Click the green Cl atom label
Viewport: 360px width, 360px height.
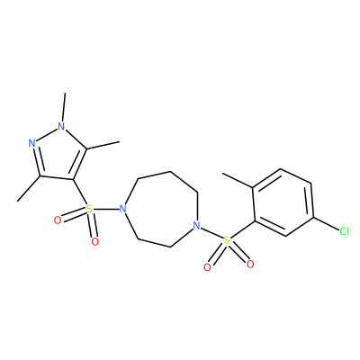click(344, 231)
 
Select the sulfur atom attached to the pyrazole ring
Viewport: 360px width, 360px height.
click(88, 209)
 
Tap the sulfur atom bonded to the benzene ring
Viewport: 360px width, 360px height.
click(227, 240)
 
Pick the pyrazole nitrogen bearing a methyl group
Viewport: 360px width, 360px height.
click(61, 126)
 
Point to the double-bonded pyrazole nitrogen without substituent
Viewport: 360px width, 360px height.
click(32, 143)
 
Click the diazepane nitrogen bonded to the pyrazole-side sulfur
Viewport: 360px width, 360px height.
click(122, 208)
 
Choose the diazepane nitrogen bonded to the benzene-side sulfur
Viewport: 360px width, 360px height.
click(196, 225)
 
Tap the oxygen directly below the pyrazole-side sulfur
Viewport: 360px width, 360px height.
click(94, 241)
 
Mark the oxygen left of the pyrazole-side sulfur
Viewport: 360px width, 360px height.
click(58, 220)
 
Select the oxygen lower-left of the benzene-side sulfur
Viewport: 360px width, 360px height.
click(207, 267)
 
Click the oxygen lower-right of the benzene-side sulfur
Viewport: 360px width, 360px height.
click(250, 265)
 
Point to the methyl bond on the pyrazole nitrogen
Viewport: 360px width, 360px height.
click(63, 107)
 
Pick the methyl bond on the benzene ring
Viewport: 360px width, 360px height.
click(238, 181)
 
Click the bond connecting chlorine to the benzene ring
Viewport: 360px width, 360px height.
click(326, 224)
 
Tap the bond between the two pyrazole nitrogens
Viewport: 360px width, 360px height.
click(47, 135)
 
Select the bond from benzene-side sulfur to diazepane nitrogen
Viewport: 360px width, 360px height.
click(211, 233)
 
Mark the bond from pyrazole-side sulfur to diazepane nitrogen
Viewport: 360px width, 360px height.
click(105, 209)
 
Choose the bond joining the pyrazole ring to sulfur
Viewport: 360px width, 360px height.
click(80, 193)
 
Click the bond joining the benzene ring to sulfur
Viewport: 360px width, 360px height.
click(243, 230)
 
